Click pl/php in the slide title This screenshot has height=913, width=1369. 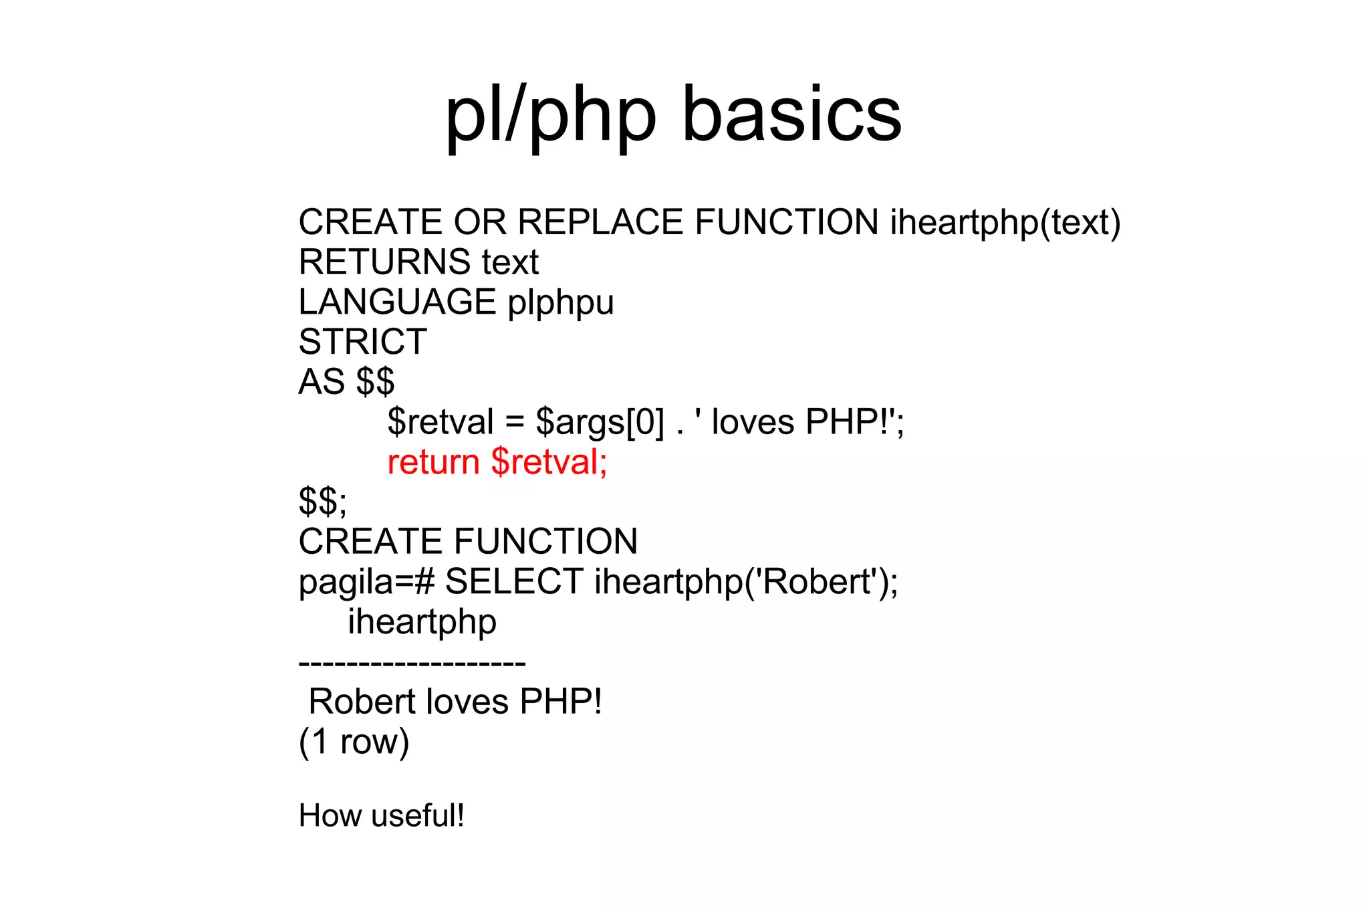[551, 115]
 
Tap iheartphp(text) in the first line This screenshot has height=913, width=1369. [1005, 223]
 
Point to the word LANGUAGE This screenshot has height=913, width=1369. [397, 302]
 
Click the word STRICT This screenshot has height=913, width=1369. [362, 342]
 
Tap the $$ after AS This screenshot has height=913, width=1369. [375, 382]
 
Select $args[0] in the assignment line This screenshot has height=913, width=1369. [600, 423]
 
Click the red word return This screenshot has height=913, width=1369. [433, 462]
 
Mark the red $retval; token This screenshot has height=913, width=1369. [549, 462]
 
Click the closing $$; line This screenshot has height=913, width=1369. [323, 502]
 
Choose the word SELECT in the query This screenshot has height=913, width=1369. [514, 581]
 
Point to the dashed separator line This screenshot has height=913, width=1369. [412, 664]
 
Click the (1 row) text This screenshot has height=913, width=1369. [354, 742]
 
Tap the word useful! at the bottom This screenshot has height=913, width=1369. [418, 816]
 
